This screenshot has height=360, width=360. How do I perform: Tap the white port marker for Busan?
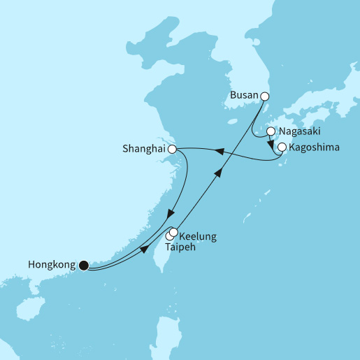tap(264, 97)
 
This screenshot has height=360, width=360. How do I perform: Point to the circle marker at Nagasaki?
tap(271, 131)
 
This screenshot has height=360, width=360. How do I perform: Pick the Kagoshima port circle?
tap(282, 147)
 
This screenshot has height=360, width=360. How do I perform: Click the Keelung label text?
tap(198, 236)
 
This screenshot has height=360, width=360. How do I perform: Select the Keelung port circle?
tap(174, 232)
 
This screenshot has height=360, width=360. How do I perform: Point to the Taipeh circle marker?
tap(169, 238)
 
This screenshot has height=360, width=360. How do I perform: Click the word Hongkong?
tap(52, 264)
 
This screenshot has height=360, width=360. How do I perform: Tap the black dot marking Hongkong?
tap(84, 264)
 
